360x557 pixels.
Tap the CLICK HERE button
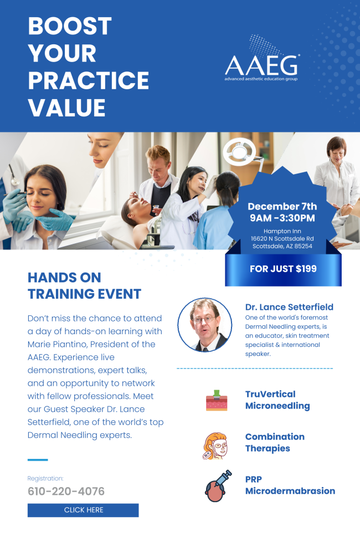(83, 510)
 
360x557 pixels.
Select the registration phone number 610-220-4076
(66, 491)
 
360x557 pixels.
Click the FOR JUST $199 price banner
(283, 269)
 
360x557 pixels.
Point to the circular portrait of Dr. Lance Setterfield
(205, 325)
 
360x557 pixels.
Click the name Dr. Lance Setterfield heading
(289, 307)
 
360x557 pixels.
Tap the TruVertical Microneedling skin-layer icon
(217, 400)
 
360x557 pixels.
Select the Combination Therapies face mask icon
(215, 446)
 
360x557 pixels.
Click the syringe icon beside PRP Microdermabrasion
(218, 486)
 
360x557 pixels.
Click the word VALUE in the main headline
(67, 108)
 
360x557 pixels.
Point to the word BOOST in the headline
(70, 26)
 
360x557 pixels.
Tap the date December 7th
(282, 206)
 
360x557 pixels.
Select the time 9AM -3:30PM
(282, 218)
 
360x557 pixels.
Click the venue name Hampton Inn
(282, 231)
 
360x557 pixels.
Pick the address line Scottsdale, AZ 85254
(282, 246)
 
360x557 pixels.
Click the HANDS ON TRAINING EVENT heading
(85, 285)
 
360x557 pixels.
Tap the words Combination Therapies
(275, 443)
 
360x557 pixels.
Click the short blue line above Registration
(38, 460)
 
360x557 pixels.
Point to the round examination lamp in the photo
(239, 151)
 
